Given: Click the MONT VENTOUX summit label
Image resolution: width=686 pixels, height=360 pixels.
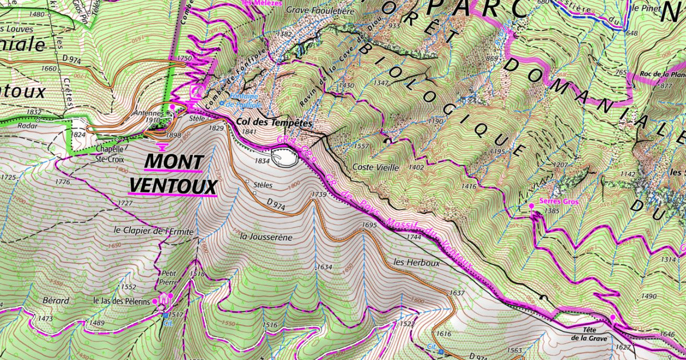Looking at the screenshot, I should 174,174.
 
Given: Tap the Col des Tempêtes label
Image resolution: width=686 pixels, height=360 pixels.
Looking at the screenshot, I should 273,123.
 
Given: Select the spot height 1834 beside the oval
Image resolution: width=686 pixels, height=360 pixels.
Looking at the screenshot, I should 261,162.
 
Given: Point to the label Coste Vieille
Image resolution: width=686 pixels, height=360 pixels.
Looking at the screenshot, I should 371,167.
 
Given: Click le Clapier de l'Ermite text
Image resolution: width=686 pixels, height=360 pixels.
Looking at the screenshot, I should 154,231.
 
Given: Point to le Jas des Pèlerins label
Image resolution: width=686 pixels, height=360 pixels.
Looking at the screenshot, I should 121,301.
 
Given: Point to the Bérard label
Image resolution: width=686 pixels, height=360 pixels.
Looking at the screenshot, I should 55,300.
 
